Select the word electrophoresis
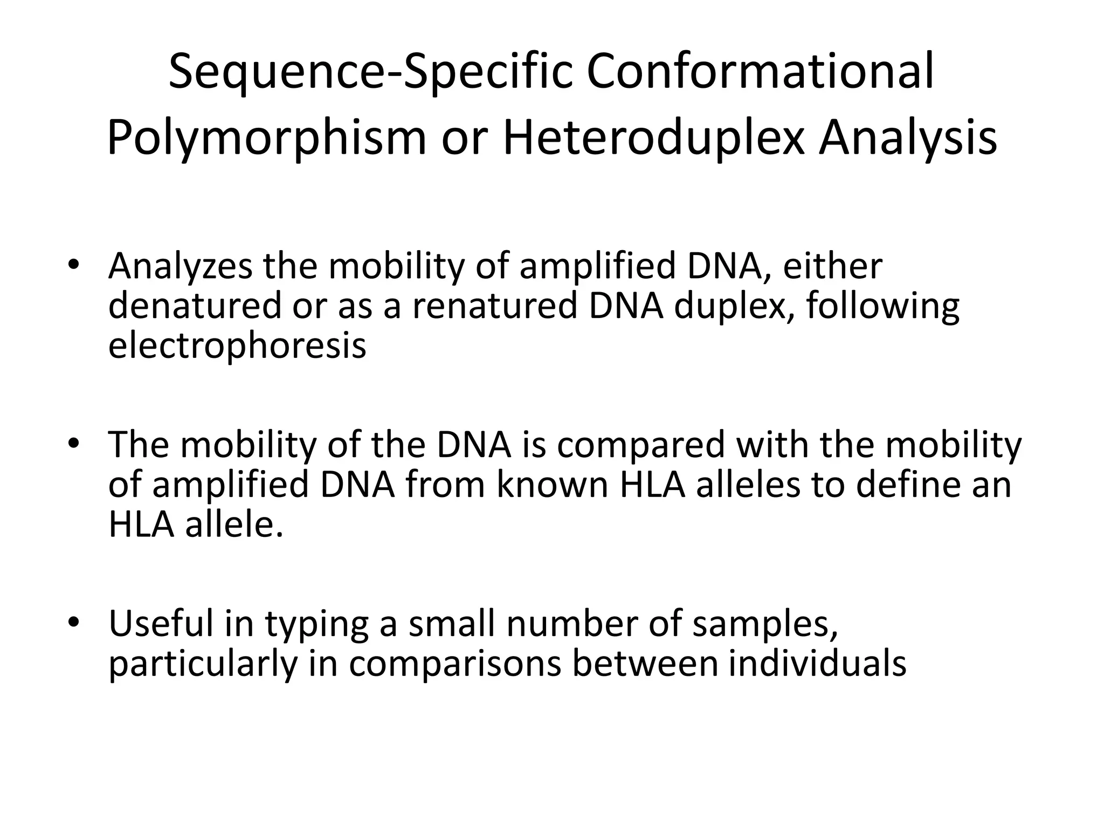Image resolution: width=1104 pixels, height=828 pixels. click(x=237, y=345)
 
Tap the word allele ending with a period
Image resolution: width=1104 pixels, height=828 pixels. click(x=233, y=524)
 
